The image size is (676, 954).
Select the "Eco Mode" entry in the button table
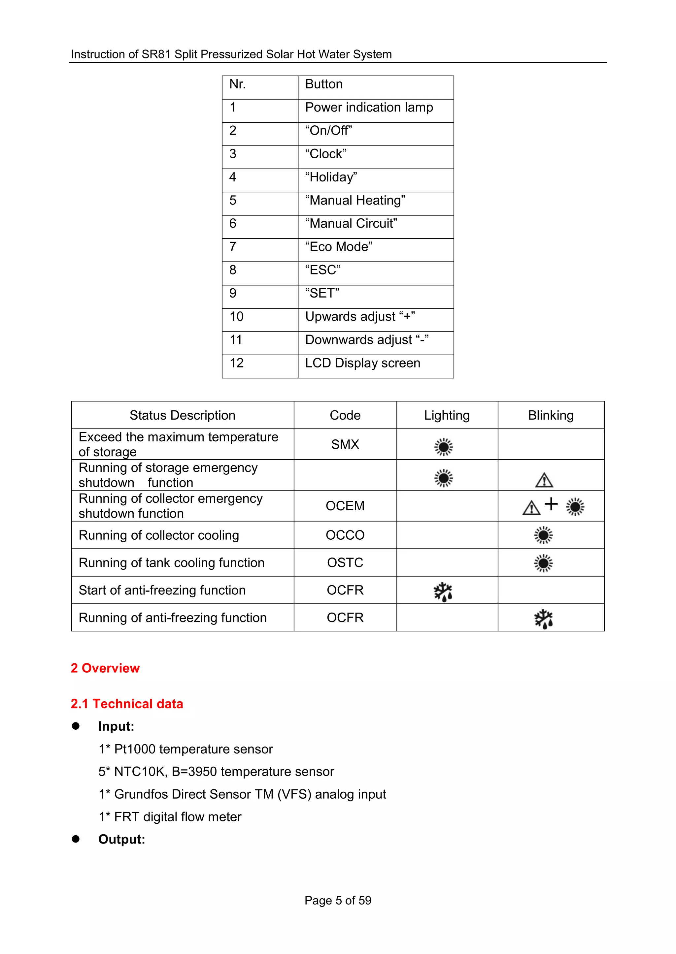[x=338, y=247]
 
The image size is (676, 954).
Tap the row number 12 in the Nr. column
[x=236, y=363]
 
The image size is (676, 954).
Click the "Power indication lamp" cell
[x=369, y=107]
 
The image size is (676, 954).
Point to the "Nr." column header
[x=237, y=84]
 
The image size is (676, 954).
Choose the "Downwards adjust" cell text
[x=366, y=340]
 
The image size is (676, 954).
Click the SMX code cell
[x=345, y=444]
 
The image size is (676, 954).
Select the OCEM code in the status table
[x=345, y=506]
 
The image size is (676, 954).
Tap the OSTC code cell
[x=345, y=562]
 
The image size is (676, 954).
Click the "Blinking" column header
[x=550, y=415]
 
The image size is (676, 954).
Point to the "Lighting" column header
[x=447, y=415]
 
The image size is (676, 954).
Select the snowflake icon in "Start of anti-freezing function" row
[x=443, y=591]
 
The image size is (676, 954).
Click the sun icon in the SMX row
[x=443, y=447]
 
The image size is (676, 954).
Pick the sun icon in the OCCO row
[x=543, y=535]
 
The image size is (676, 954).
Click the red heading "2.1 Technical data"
[x=127, y=704]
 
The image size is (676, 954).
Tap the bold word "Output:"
[x=121, y=839]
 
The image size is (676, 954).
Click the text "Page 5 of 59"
[x=338, y=900]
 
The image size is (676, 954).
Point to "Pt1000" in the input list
[x=134, y=749]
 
